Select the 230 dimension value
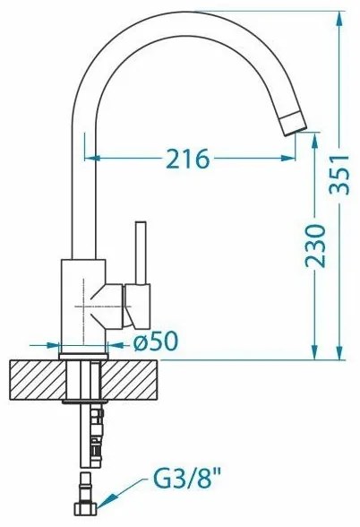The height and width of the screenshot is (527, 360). click(x=314, y=244)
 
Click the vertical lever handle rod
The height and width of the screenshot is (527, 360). click(x=140, y=254)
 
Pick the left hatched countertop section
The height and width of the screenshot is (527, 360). click(x=35, y=380)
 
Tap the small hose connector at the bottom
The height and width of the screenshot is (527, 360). click(x=86, y=507)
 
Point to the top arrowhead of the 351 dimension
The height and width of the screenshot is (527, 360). click(x=341, y=17)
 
